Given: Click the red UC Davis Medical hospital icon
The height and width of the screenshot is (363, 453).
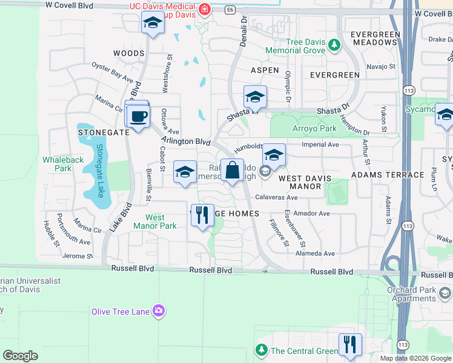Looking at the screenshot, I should tap(205, 10).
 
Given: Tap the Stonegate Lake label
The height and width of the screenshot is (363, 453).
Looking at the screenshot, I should tap(100, 171).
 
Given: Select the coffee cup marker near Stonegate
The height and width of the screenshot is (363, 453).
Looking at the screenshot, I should tap(139, 116).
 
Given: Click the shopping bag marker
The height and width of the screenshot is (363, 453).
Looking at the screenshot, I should tap(232, 171).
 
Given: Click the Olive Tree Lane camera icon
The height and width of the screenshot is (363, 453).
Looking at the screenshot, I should tap(159, 311).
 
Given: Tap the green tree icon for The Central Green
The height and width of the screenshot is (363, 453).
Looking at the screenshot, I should tap(262, 350).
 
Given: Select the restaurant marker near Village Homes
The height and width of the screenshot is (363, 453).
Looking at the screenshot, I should tap(202, 215).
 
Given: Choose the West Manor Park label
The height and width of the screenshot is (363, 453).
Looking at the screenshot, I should tap(160, 221).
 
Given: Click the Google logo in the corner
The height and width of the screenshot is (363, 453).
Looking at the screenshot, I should tap(20, 356).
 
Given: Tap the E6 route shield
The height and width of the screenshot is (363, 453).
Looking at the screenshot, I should tap(230, 10).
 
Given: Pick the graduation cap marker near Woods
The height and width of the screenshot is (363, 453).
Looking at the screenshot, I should tap(153, 24).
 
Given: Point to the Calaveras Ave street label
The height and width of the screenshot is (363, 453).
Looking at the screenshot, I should tap(276, 197).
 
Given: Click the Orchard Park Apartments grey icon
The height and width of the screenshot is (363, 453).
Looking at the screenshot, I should tap(445, 293).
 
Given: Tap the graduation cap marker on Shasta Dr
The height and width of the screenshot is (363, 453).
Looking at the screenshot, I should tap(255, 97).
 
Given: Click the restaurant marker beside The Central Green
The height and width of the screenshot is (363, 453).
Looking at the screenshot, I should tap(350, 345).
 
